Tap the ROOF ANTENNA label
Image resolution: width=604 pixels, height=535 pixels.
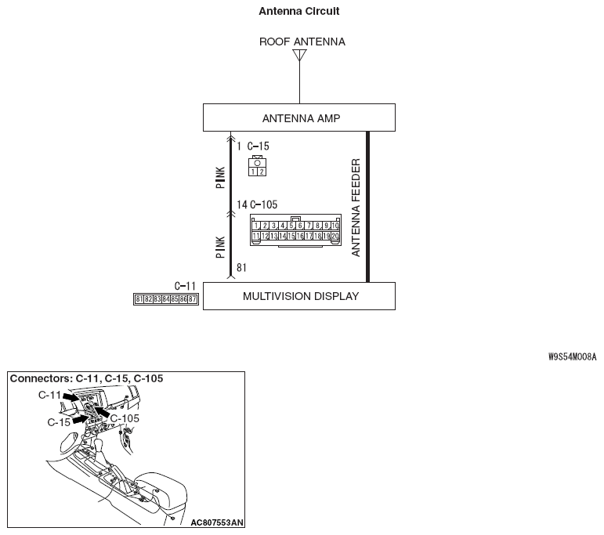pyautogui.click(x=302, y=42)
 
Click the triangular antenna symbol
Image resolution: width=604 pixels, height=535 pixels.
pyautogui.click(x=299, y=56)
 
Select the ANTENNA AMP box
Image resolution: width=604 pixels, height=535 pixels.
pyautogui.click(x=298, y=118)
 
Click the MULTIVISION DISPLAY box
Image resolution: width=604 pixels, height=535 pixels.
pyautogui.click(x=298, y=296)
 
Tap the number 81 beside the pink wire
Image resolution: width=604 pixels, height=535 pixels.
pyautogui.click(x=241, y=268)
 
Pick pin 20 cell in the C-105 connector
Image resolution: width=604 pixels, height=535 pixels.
pyautogui.click(x=335, y=236)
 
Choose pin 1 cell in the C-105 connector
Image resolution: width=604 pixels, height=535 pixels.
pyautogui.click(x=256, y=226)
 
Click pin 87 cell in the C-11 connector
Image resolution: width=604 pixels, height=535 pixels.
pyautogui.click(x=193, y=299)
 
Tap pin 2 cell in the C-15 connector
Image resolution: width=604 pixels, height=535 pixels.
pyautogui.click(x=262, y=171)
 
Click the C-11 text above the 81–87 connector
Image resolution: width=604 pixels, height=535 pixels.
pyautogui.click(x=185, y=287)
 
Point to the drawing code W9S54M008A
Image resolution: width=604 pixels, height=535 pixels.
pyautogui.click(x=572, y=356)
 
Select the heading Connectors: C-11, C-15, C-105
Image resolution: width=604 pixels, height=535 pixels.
pyautogui.click(x=86, y=378)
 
